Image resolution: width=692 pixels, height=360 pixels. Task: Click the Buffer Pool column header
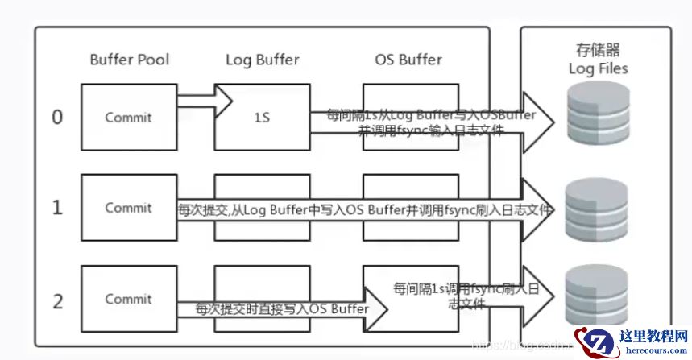tap(128, 59)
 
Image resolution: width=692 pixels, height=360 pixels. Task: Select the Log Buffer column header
tap(262, 59)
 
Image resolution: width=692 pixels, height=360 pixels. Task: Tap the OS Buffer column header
tap(408, 59)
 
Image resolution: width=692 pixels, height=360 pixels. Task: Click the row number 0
tap(57, 117)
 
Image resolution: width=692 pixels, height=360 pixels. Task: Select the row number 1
tap(57, 207)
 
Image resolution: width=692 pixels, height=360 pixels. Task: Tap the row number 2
tap(57, 301)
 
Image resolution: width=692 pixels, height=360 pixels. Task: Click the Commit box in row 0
tap(128, 117)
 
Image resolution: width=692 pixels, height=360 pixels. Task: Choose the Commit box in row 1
tap(128, 207)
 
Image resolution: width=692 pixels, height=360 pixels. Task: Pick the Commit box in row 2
tap(128, 299)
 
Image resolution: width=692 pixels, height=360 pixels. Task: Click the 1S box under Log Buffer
tap(262, 117)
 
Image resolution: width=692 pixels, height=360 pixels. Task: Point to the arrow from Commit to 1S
tap(203, 100)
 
